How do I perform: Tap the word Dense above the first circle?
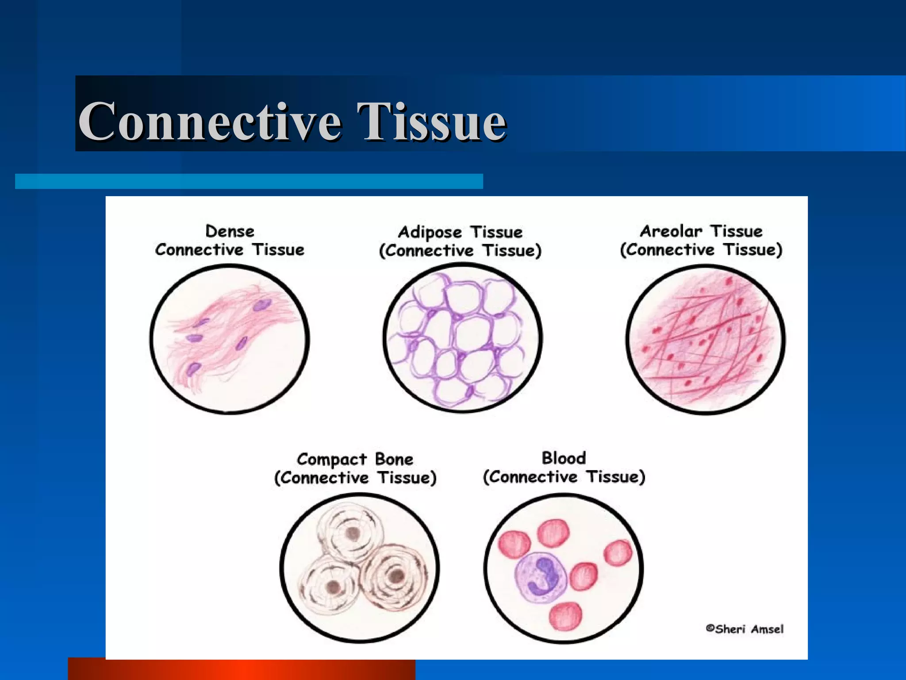point(230,231)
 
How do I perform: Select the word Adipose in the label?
point(430,232)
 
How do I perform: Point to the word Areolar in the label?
point(671,231)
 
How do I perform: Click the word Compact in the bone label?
point(332,460)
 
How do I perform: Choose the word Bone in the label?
point(394,459)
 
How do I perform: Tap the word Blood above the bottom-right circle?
point(564,458)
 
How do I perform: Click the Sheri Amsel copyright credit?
point(745,629)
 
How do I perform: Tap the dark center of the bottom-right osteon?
point(395,576)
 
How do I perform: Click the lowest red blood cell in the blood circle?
point(565,616)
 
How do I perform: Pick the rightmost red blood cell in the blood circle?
point(618,553)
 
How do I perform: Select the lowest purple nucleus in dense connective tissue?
point(193,368)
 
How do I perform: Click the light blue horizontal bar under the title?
point(249,181)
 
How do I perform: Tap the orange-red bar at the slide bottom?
point(241,669)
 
